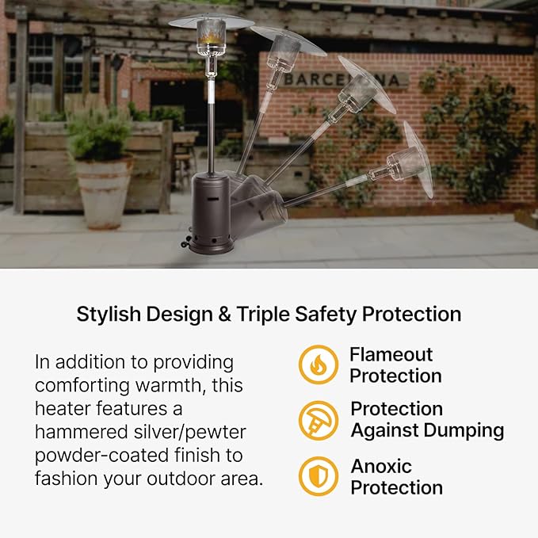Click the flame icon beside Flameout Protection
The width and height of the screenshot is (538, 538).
pyautogui.click(x=318, y=364)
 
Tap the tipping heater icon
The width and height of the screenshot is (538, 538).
pyautogui.click(x=318, y=420)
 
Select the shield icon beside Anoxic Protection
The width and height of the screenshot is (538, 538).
pyautogui.click(x=318, y=476)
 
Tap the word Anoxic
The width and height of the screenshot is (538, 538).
pyautogui.click(x=381, y=466)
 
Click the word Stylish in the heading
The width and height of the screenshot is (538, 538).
pyautogui.click(x=109, y=314)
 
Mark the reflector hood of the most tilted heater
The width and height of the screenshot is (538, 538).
pyautogui.click(x=418, y=158)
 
